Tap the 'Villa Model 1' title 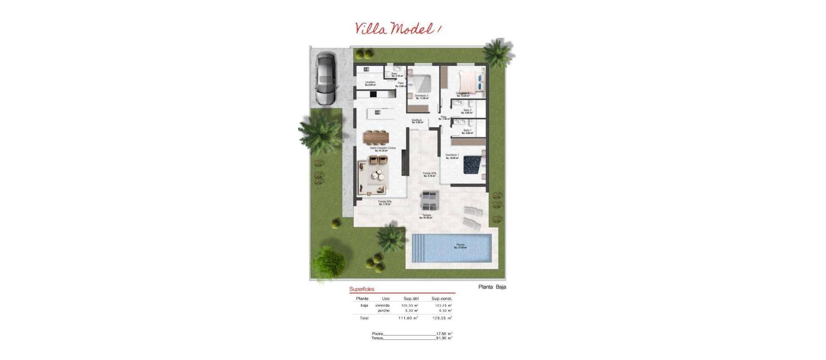[x=398, y=28]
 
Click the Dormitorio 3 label [x=422, y=95]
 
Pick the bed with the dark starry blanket [x=472, y=165]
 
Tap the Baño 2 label [x=468, y=111]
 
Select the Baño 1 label [x=468, y=130]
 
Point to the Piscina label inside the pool [x=461, y=245]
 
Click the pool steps [x=419, y=248]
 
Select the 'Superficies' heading [x=362, y=289]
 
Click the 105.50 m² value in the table [x=409, y=305]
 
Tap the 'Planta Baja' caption [x=492, y=287]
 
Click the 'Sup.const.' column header [x=442, y=298]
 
